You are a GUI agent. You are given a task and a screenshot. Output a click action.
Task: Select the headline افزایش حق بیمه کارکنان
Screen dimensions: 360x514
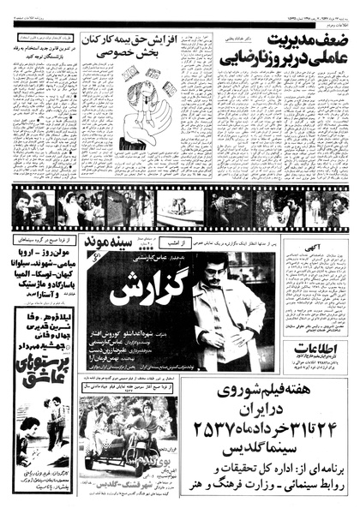[132, 41]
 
